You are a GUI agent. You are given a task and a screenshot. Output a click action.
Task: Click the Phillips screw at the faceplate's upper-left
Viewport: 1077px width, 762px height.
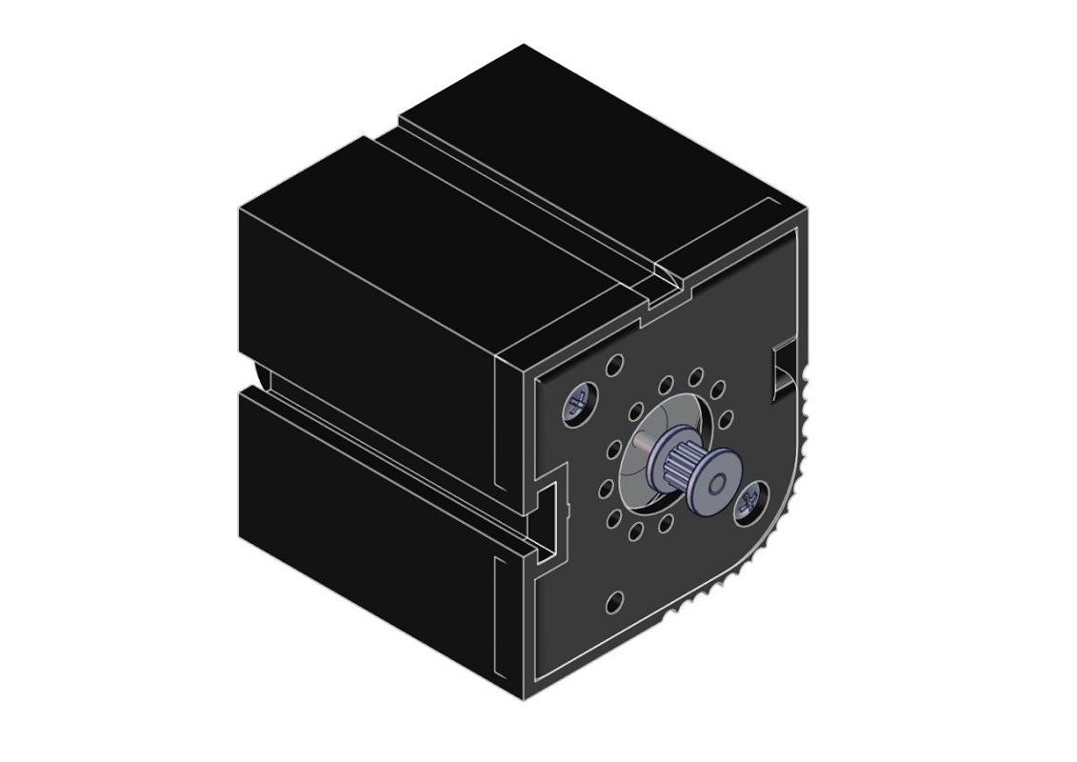[578, 404]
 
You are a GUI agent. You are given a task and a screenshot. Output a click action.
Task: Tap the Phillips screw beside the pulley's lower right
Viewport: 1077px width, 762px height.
[749, 499]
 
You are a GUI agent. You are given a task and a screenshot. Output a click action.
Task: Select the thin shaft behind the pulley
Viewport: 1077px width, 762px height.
[648, 444]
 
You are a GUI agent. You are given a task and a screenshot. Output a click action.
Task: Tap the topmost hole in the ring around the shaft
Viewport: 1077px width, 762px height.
[697, 376]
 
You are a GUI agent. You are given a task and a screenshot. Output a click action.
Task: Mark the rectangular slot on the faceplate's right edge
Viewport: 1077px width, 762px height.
[781, 366]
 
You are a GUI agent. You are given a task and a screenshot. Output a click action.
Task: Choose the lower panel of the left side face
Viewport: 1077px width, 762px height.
[371, 533]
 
